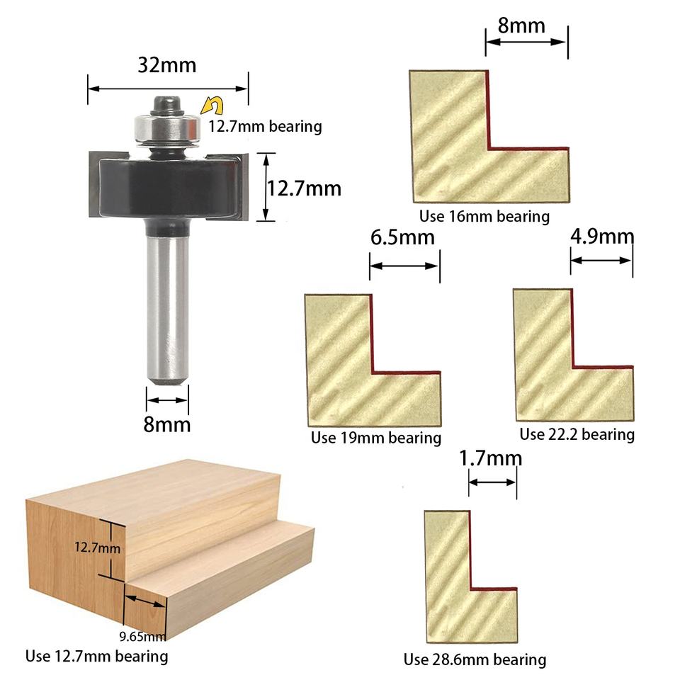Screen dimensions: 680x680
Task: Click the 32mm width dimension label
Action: (x=167, y=65)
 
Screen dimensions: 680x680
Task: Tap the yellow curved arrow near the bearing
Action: (x=212, y=106)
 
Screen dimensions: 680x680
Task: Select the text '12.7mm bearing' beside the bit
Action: (x=266, y=127)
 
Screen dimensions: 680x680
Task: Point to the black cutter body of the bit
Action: (x=168, y=187)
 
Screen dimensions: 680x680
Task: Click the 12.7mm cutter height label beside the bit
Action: (x=304, y=188)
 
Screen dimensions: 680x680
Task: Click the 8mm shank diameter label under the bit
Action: (x=167, y=424)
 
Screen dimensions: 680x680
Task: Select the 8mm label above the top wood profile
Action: (x=521, y=25)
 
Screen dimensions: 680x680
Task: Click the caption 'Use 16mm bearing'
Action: (x=484, y=217)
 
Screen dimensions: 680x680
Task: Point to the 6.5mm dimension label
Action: (x=402, y=238)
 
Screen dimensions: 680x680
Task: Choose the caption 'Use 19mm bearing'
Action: (x=376, y=438)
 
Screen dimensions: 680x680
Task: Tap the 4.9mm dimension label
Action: (x=602, y=237)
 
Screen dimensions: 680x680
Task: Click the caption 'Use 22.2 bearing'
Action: (x=577, y=434)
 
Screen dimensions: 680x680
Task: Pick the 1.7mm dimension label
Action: (x=490, y=458)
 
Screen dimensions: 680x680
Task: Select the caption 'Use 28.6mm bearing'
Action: (x=475, y=659)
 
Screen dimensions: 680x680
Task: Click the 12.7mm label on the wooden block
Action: (x=97, y=548)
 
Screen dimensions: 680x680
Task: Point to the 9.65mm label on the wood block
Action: (x=142, y=637)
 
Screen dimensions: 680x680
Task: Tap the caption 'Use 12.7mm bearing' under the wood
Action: (x=97, y=656)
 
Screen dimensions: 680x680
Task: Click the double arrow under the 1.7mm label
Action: (x=493, y=482)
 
